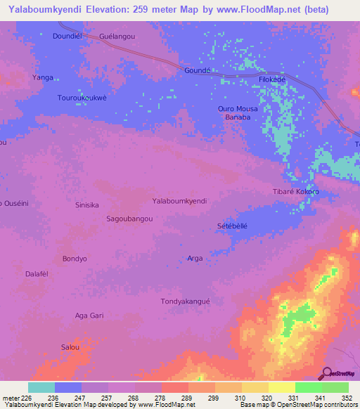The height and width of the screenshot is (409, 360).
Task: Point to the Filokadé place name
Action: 271,80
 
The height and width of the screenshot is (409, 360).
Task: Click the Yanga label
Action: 43,77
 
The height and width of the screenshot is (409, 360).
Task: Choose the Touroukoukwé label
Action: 82,98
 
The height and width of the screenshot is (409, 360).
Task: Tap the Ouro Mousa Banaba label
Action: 238,113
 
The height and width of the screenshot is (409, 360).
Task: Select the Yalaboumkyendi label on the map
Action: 179,201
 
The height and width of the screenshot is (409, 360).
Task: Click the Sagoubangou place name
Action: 129,219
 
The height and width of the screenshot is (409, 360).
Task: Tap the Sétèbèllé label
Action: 233,226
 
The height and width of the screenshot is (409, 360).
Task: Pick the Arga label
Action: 195,259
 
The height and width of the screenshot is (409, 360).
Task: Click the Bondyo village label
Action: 75,259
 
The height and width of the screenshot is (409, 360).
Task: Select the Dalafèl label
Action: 38,274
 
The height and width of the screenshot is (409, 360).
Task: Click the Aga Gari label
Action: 89,316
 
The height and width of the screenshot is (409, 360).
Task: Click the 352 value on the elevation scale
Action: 347,397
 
